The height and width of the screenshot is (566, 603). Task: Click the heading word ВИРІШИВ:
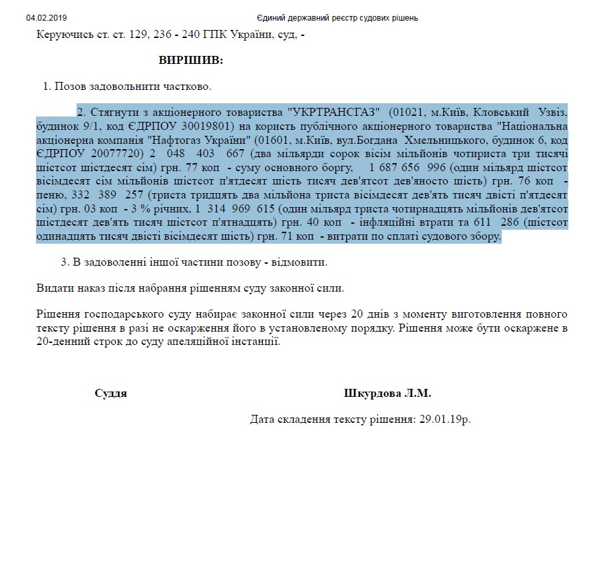point(190,61)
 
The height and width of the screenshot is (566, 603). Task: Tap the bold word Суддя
point(110,393)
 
